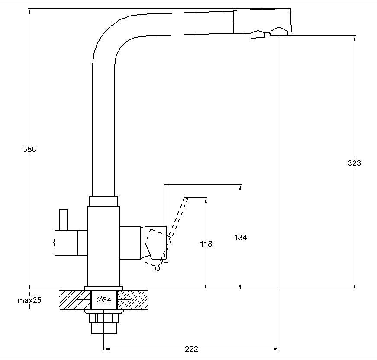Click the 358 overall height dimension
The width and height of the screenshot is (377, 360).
[x=30, y=149]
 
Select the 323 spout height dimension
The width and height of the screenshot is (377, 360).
[x=354, y=163]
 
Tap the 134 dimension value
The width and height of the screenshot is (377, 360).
[x=240, y=237]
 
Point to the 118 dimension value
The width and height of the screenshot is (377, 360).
[x=206, y=244]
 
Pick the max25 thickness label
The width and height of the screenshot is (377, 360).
[x=29, y=300]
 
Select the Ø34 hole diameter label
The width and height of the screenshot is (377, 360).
[x=104, y=299]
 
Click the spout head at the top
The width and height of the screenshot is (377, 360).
[x=261, y=22]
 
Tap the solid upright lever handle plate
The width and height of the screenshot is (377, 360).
[x=166, y=223]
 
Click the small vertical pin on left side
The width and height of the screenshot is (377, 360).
[x=64, y=219]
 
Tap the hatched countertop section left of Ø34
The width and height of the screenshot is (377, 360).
[x=71, y=300]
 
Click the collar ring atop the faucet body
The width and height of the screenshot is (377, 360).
[x=104, y=202]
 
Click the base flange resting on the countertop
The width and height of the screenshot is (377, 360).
[x=104, y=288]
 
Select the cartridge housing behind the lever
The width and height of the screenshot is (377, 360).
[x=131, y=243]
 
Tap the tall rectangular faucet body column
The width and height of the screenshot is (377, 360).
[x=103, y=247]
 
